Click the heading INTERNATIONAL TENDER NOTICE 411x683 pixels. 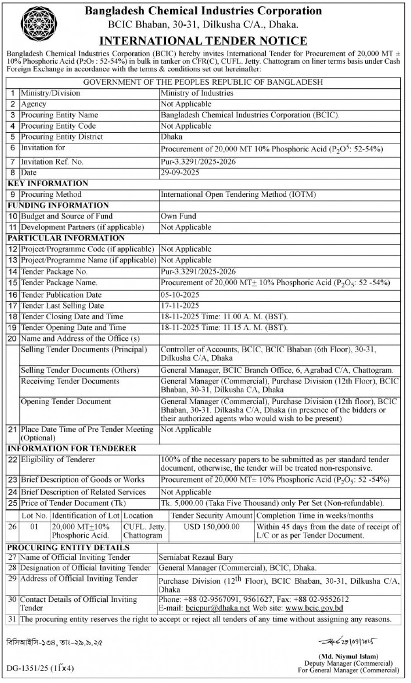203,41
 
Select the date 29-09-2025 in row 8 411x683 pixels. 180,173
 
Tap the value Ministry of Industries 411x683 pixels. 197,93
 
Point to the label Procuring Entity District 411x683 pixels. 62,137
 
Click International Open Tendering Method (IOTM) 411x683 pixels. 238,194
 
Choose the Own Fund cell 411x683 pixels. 178,216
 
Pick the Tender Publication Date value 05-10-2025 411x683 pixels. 180,294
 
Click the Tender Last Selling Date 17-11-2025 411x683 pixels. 180,306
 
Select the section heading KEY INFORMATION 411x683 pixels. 48,183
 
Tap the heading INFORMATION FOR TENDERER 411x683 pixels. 71,448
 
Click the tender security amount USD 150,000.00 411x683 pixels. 211,526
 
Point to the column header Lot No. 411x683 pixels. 34,515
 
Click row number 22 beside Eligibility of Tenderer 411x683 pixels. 12,459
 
